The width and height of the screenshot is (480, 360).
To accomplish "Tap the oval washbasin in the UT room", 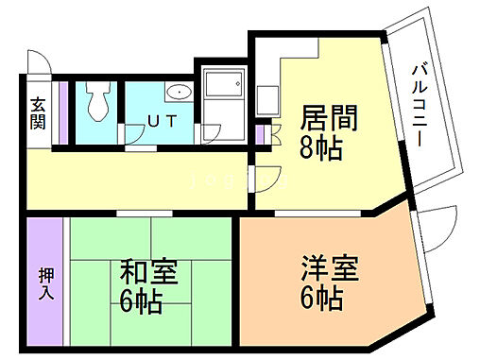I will pos(178,93).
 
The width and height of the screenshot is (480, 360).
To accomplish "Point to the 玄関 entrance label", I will pos(38,113).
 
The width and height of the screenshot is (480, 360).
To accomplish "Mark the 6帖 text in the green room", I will pos(141,302).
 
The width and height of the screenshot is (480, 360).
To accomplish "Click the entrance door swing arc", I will pos(37,61).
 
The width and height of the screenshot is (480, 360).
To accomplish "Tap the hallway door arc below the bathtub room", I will pos(267,176).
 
